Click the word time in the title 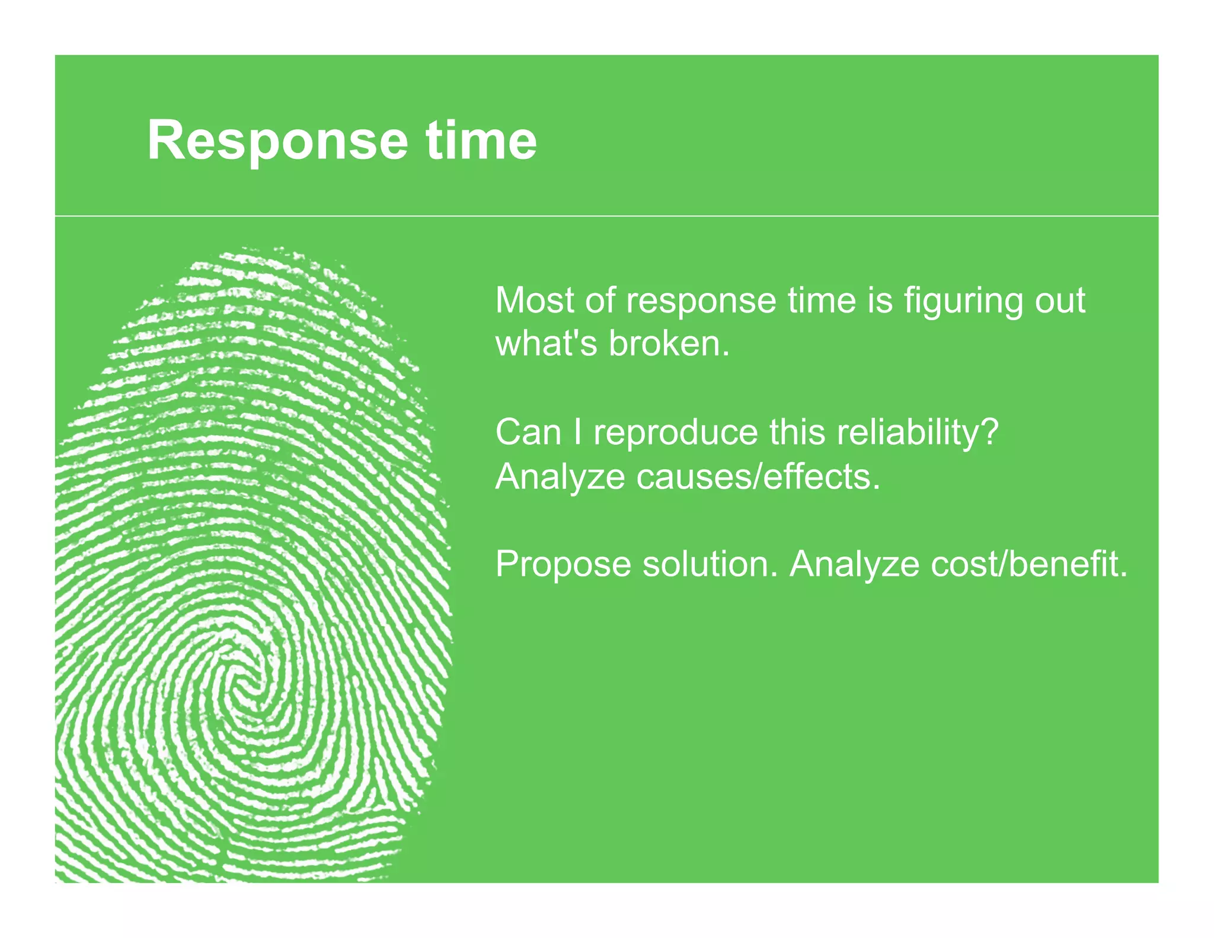481,141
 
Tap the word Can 528,432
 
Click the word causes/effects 758,477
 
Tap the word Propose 563,564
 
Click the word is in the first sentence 880,301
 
